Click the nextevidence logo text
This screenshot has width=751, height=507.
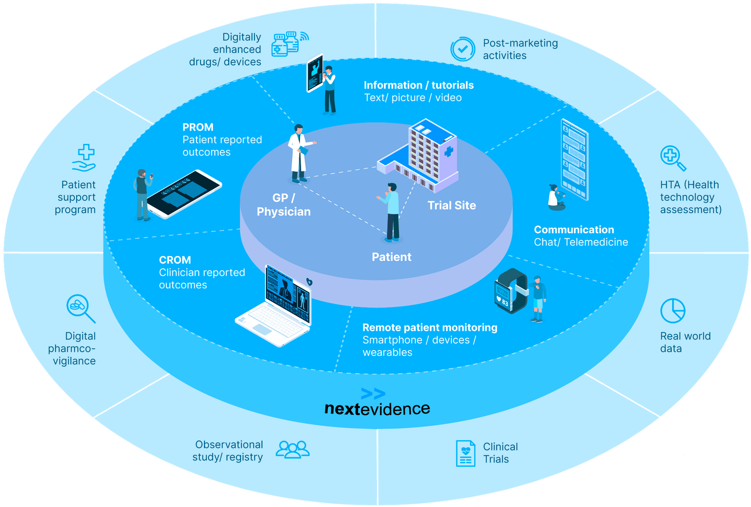coord(377,409)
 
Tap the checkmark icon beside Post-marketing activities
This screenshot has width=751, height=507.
coord(463,49)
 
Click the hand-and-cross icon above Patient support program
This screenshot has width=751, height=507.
coord(84,158)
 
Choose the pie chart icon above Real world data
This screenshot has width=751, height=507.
coord(673,311)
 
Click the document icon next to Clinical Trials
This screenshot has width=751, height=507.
coord(465,453)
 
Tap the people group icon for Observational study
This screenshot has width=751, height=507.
coord(293,450)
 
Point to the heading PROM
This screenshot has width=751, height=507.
coord(198,127)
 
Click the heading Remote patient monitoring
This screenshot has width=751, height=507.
coord(430,328)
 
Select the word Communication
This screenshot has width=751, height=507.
coord(574,230)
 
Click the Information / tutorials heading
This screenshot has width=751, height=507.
coord(419,85)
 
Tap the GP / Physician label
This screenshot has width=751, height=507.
coord(284,205)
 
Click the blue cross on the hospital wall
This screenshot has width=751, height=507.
coord(448,152)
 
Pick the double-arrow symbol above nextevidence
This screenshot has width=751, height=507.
coord(373,394)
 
